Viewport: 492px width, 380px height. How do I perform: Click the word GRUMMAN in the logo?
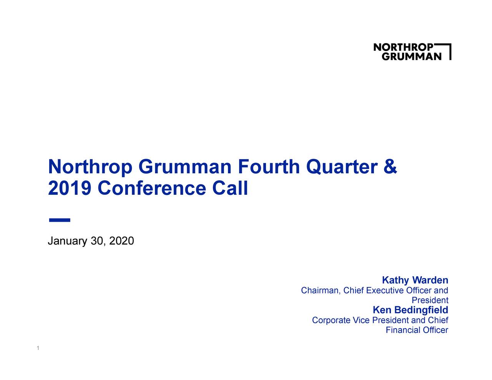click(x=411, y=56)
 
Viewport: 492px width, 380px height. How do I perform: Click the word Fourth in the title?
click(x=268, y=167)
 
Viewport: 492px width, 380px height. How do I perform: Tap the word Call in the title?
click(x=230, y=189)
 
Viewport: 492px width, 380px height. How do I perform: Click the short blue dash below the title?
click(x=60, y=220)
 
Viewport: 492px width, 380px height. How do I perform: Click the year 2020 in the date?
click(x=121, y=241)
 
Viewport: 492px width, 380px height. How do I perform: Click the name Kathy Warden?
click(x=415, y=280)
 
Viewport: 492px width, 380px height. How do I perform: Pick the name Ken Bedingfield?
click(x=410, y=310)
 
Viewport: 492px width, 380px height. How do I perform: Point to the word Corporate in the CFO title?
click(x=331, y=320)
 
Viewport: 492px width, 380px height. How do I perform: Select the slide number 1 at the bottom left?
click(x=37, y=348)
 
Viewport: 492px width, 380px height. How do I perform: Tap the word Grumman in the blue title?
click(x=185, y=167)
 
